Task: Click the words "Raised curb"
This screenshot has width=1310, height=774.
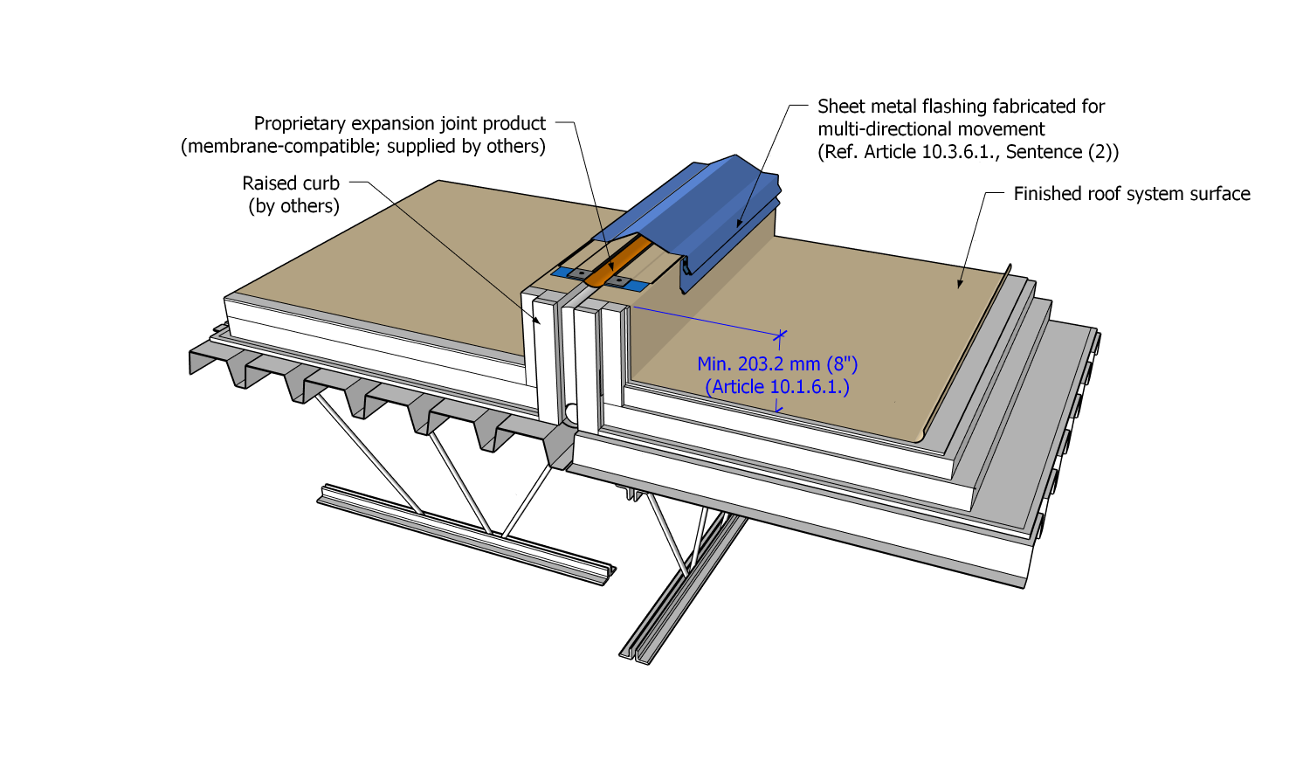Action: coord(291,183)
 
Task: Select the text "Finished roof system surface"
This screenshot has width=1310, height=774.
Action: coord(1131,194)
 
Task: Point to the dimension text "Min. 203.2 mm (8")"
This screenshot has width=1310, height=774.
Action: coord(777,364)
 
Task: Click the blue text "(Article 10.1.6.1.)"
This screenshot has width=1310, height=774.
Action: coord(777,387)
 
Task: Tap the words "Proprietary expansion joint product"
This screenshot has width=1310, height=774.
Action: coord(399,123)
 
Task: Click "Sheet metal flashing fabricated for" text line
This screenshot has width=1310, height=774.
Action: coord(961,107)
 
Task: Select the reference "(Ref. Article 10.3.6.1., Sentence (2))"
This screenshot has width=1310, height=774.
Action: coord(968,152)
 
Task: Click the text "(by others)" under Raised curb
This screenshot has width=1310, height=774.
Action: coord(293,206)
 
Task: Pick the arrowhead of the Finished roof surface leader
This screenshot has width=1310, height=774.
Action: coord(960,284)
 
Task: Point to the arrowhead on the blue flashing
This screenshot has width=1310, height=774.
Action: coord(739,225)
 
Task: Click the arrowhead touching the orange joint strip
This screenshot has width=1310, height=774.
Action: coord(612,269)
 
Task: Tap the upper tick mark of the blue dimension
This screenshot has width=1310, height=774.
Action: coord(780,335)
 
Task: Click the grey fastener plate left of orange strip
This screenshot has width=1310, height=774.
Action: coord(580,273)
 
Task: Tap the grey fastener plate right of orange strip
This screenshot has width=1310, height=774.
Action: coord(620,281)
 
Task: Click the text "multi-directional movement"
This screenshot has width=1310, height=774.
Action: coord(931,129)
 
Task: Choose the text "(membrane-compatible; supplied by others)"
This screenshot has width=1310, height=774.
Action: coord(363,146)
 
